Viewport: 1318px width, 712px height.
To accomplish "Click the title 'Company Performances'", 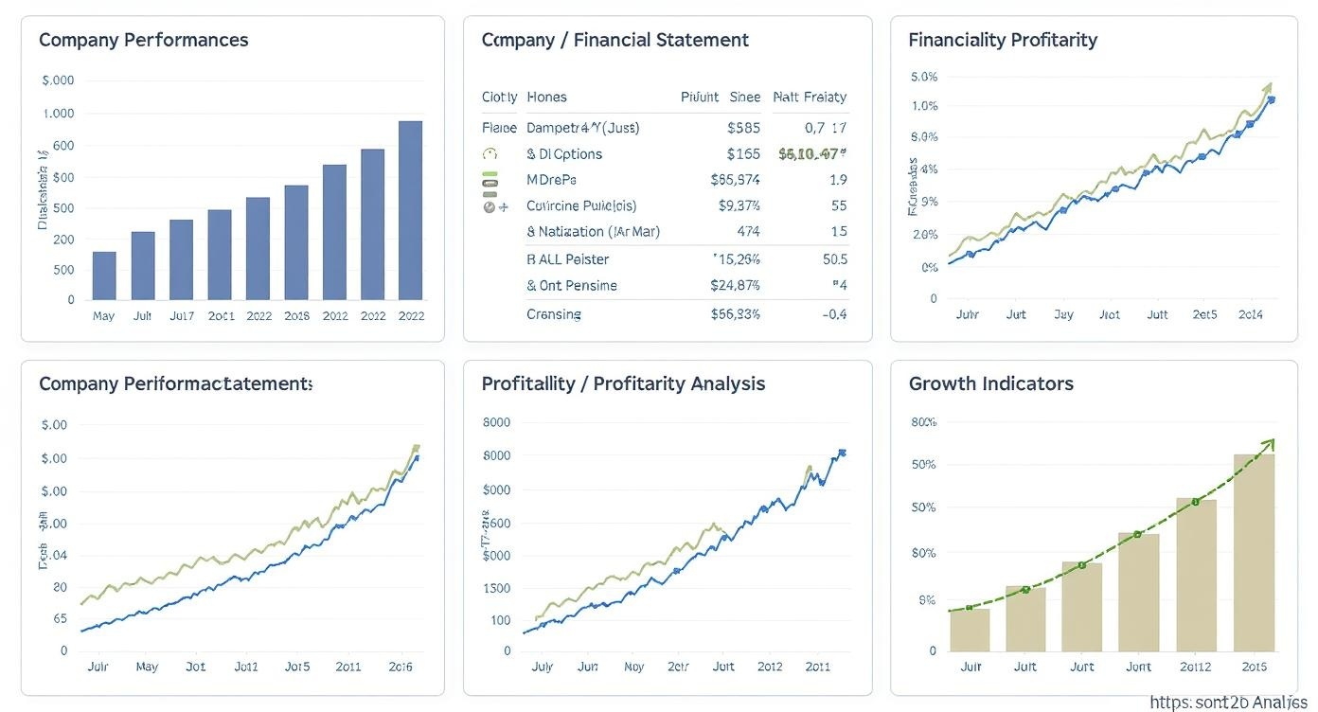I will click(x=143, y=40).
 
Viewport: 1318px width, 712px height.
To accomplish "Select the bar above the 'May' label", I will click(x=104, y=276).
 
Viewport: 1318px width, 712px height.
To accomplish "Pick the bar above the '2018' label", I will click(x=295, y=242).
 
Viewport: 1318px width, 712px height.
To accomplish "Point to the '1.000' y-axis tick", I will click(x=58, y=114).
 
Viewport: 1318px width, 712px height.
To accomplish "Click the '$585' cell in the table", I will click(x=743, y=128).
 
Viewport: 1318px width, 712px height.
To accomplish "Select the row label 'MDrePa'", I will click(x=551, y=180).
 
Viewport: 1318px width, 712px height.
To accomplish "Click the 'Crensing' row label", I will click(x=554, y=314).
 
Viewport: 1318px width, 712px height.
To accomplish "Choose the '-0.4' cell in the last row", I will click(x=835, y=314).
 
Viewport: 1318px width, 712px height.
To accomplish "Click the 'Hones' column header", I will click(x=546, y=97).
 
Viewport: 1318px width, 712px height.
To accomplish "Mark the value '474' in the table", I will click(x=748, y=231).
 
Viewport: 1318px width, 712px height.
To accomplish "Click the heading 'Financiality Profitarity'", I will click(x=1002, y=40).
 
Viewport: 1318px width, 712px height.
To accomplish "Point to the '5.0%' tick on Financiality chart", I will click(x=923, y=77).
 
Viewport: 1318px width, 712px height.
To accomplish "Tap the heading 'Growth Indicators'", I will click(x=990, y=383).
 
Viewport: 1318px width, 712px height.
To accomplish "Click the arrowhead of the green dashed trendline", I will click(x=1270, y=444).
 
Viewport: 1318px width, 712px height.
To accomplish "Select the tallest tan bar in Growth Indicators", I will click(x=1254, y=552).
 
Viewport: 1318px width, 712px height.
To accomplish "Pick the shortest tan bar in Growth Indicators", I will click(x=970, y=630).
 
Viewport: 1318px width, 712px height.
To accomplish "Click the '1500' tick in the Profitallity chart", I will click(x=496, y=588).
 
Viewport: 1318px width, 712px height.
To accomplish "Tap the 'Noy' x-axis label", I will click(x=633, y=667).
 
